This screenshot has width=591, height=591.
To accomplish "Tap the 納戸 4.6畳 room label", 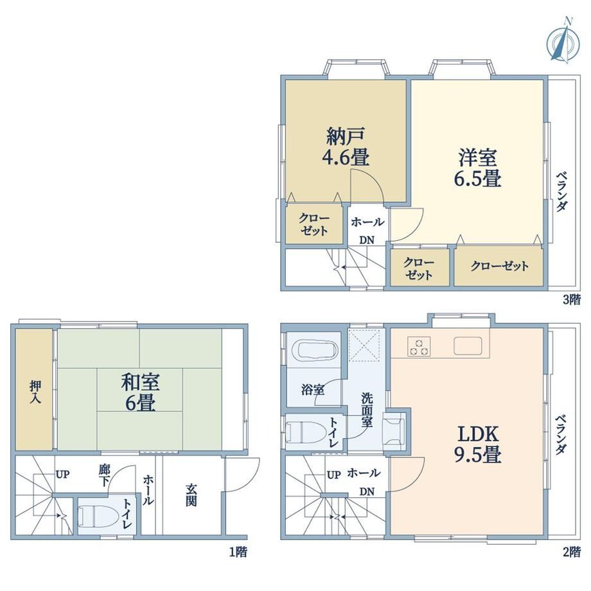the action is pos(346,146).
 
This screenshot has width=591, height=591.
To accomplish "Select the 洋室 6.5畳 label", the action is pos(477,168).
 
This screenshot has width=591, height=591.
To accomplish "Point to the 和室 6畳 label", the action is pos(140,392).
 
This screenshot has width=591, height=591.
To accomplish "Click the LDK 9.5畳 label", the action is pos(477,444).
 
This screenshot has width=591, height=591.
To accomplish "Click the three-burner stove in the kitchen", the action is pos(419,347).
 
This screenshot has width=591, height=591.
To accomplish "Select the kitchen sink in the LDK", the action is pos(468,346).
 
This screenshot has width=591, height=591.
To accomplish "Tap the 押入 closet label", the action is pos(35,392).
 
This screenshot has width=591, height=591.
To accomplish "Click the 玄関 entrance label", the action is pos(191,495).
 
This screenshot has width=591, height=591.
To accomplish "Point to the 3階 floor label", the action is pos(571,300).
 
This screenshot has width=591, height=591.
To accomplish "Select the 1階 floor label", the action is pos(238,552).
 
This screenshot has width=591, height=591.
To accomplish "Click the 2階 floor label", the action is pos(571,552).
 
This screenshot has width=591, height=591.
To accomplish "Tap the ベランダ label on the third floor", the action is pos(561,191).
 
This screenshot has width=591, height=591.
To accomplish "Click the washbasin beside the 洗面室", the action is pos(394,430).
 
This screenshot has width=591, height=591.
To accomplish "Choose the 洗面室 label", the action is pos(367,410).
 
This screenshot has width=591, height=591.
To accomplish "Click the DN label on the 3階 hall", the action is pos(366,240).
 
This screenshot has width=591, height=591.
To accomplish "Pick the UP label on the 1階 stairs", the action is pos(62,474).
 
